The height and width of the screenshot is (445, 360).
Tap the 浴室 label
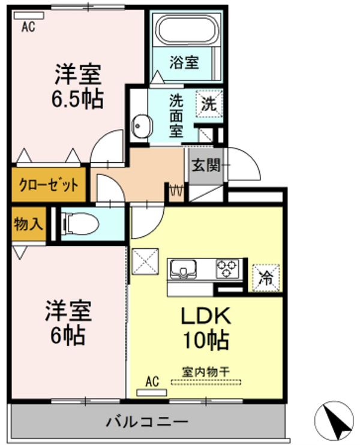click(x=184, y=62)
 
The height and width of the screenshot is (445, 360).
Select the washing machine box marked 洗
click(x=208, y=103)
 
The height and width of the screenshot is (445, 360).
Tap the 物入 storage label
click(x=28, y=224)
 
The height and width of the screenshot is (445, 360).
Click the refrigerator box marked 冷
click(x=265, y=277)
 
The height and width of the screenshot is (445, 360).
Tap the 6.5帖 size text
click(x=76, y=98)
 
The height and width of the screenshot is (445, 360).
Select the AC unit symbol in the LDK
click(x=152, y=392)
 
